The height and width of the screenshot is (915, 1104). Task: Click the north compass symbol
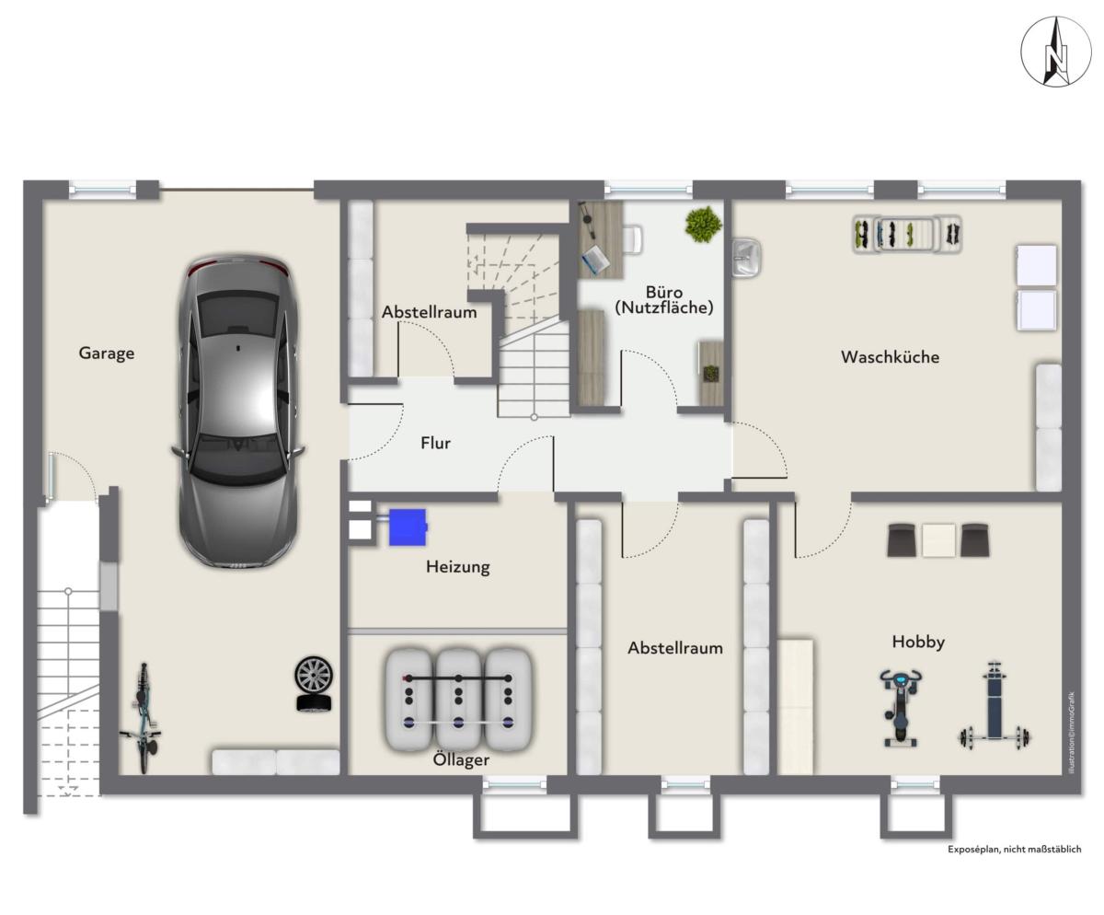(1055, 52)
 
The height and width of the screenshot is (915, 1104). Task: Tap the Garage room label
(107, 353)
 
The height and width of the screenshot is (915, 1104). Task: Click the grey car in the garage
(238, 412)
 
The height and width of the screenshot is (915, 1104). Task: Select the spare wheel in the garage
(314, 684)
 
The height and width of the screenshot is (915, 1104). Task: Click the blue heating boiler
(408, 527)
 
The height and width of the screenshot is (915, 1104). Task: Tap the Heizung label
(458, 567)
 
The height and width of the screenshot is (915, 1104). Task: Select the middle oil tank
(458, 700)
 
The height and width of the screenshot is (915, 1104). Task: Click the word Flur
(436, 443)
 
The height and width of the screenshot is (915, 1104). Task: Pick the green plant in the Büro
(703, 225)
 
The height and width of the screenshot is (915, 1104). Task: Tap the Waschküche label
(890, 356)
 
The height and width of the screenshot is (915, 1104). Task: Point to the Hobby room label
(918, 642)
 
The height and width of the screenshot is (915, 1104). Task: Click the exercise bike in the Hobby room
(901, 708)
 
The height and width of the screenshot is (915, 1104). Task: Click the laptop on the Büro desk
(595, 260)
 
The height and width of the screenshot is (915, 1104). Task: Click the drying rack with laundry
(907, 234)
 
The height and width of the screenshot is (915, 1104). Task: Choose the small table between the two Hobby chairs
(938, 539)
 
